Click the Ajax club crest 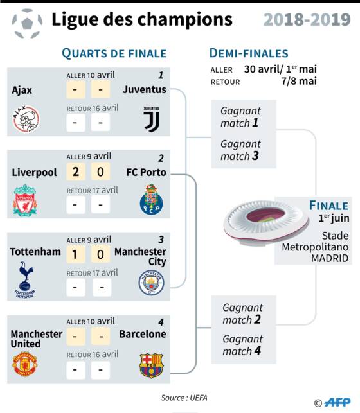pos(26,119)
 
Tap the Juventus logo pos(152,119)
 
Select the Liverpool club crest pos(25,200)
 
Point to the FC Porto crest pos(151,199)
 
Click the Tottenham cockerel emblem pos(25,280)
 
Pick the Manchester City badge pos(151,283)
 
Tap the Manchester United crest pos(25,364)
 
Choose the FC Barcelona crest pos(151,365)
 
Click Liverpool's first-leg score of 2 pos(76,171)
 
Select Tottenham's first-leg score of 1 pos(76,254)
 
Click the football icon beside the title pos(27,23)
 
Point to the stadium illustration pos(265,223)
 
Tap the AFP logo pos(337,402)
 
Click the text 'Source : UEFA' pos(184,398)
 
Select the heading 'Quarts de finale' pos(114,53)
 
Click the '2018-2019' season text pos(307,19)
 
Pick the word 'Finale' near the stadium pos(329,206)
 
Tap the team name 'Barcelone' pos(143,334)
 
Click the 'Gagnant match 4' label pos(243,345)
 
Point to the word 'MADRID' pos(330,258)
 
